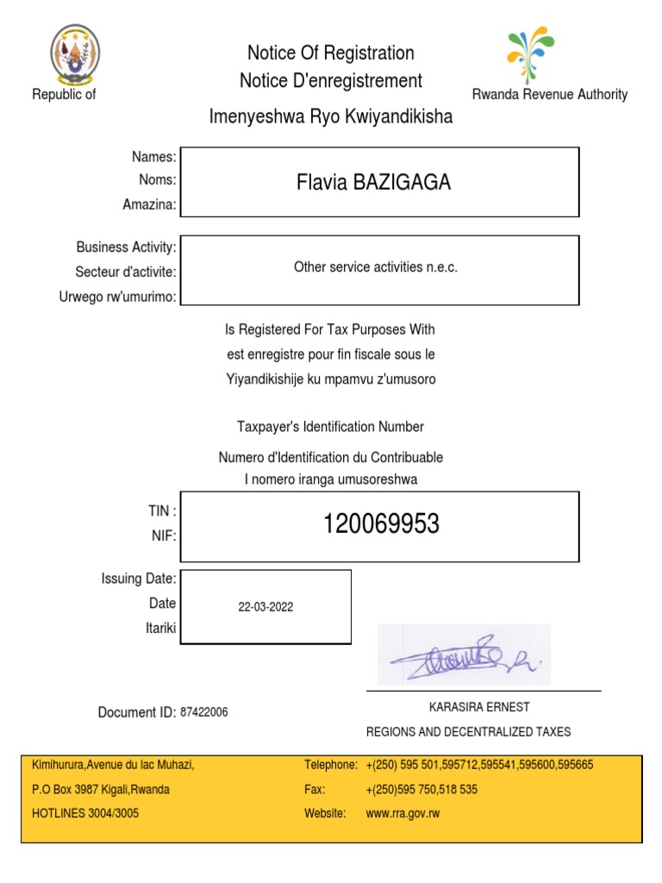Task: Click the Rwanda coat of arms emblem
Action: point(75,53)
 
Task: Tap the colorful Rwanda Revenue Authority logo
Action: point(531,53)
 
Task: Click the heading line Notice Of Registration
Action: point(331,53)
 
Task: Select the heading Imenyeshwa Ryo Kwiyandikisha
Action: point(331,116)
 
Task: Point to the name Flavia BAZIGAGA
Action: point(373,183)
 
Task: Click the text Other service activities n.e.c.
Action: point(376,267)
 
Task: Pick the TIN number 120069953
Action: point(381,523)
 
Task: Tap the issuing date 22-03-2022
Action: point(265,607)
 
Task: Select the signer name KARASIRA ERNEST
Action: point(479,707)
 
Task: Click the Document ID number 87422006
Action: point(204,712)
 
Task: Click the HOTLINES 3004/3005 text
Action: point(85,813)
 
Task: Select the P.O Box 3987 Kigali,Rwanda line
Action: point(101,789)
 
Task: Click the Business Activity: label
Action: point(126,247)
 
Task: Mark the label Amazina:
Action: point(149,204)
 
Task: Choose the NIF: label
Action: point(164,535)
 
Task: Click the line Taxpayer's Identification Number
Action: point(331,427)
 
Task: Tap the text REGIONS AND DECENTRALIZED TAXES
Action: point(468,732)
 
